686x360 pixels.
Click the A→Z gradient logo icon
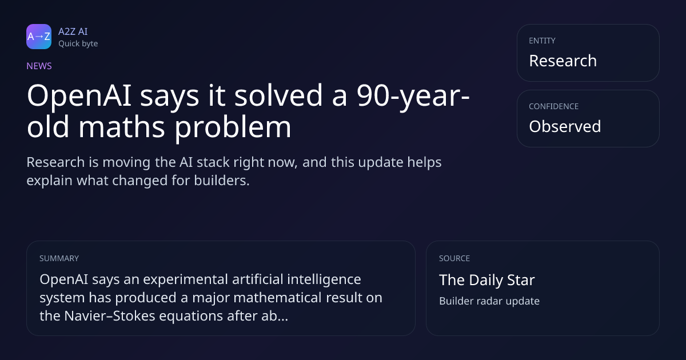click(x=39, y=37)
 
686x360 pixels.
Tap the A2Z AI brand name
click(x=73, y=31)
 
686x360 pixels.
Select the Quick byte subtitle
click(x=78, y=44)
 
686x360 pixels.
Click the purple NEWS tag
click(x=39, y=66)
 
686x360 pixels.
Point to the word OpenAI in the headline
click(x=79, y=96)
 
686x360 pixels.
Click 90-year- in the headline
click(x=413, y=96)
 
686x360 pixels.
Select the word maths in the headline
click(x=122, y=127)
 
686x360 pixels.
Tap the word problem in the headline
click(x=233, y=127)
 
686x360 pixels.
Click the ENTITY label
click(x=542, y=41)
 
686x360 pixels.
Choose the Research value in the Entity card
click(x=563, y=61)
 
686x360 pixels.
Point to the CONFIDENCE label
click(x=554, y=106)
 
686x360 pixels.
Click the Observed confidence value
click(x=565, y=126)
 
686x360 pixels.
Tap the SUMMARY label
click(x=59, y=258)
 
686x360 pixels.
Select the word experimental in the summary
click(x=186, y=279)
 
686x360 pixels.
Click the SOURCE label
click(x=454, y=258)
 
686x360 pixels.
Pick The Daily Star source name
click(x=487, y=280)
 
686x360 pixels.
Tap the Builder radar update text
click(x=489, y=301)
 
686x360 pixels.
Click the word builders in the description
click(x=222, y=181)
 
